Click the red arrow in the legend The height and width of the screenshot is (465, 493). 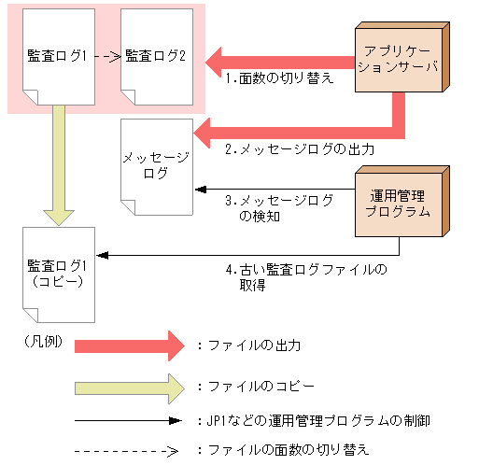coord(130,345)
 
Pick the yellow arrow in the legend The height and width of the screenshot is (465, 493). coord(130,385)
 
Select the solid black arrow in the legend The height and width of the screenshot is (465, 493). coord(130,420)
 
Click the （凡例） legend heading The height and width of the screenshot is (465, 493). coord(43,340)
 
